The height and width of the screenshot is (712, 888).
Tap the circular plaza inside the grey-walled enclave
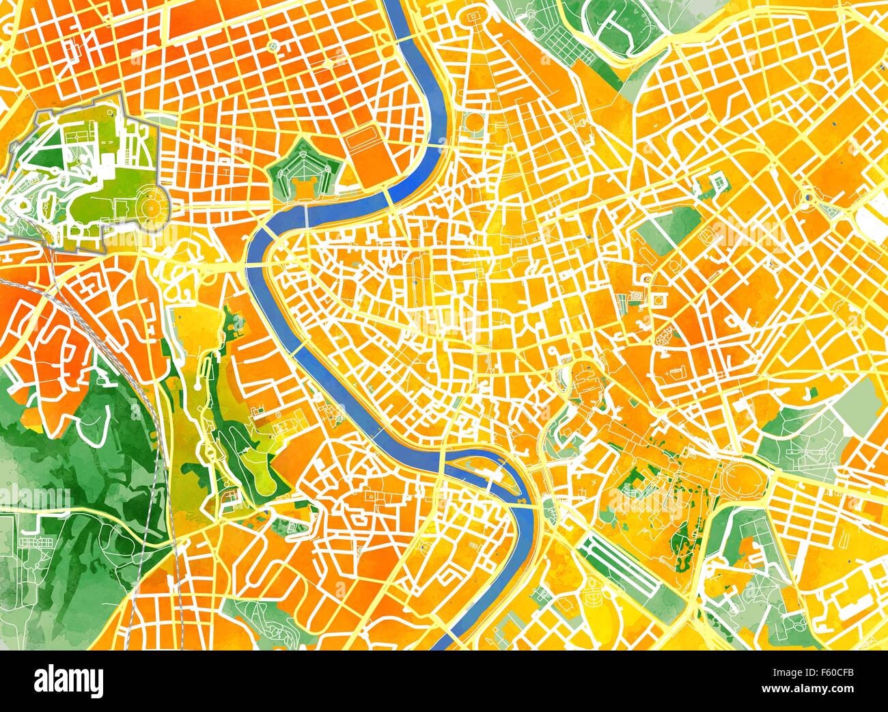point(150,203)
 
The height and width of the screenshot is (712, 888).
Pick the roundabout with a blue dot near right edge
point(810,198)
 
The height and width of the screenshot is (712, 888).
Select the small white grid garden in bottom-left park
point(33,542)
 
